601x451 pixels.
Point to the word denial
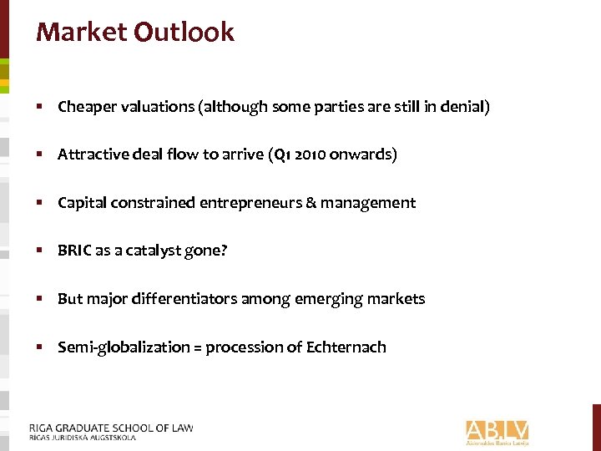pos(466,107)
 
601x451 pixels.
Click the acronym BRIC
pos(74,251)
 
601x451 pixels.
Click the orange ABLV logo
pos(497,431)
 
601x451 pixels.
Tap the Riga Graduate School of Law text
pos(111,428)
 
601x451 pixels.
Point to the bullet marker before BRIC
pos(40,251)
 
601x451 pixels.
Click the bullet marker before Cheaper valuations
pos(40,107)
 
